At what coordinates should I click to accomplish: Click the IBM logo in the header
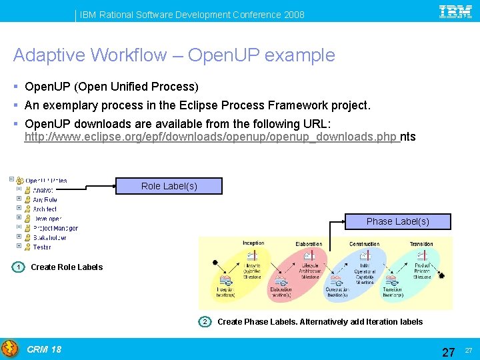tap(455, 13)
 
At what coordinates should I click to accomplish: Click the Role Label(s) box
tap(169, 186)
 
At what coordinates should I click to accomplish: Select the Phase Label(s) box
tap(398, 221)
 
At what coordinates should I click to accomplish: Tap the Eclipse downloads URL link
tap(211, 137)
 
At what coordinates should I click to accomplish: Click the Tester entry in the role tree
tap(41, 247)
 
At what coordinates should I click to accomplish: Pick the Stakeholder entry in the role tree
tap(49, 237)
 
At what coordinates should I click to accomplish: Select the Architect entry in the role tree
tap(45, 209)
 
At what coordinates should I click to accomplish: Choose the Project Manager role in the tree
tap(55, 228)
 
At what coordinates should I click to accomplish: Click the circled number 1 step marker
tap(19, 267)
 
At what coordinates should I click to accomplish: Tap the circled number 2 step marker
tap(205, 322)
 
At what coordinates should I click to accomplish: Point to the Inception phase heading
tap(253, 243)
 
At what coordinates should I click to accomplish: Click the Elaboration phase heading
tap(308, 244)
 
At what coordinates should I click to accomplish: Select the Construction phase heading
tap(364, 244)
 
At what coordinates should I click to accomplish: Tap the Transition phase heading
tap(421, 244)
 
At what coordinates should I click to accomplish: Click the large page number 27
tap(449, 351)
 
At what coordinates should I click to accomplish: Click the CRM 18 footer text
tap(44, 349)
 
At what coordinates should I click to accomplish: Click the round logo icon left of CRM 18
tap(10, 349)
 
